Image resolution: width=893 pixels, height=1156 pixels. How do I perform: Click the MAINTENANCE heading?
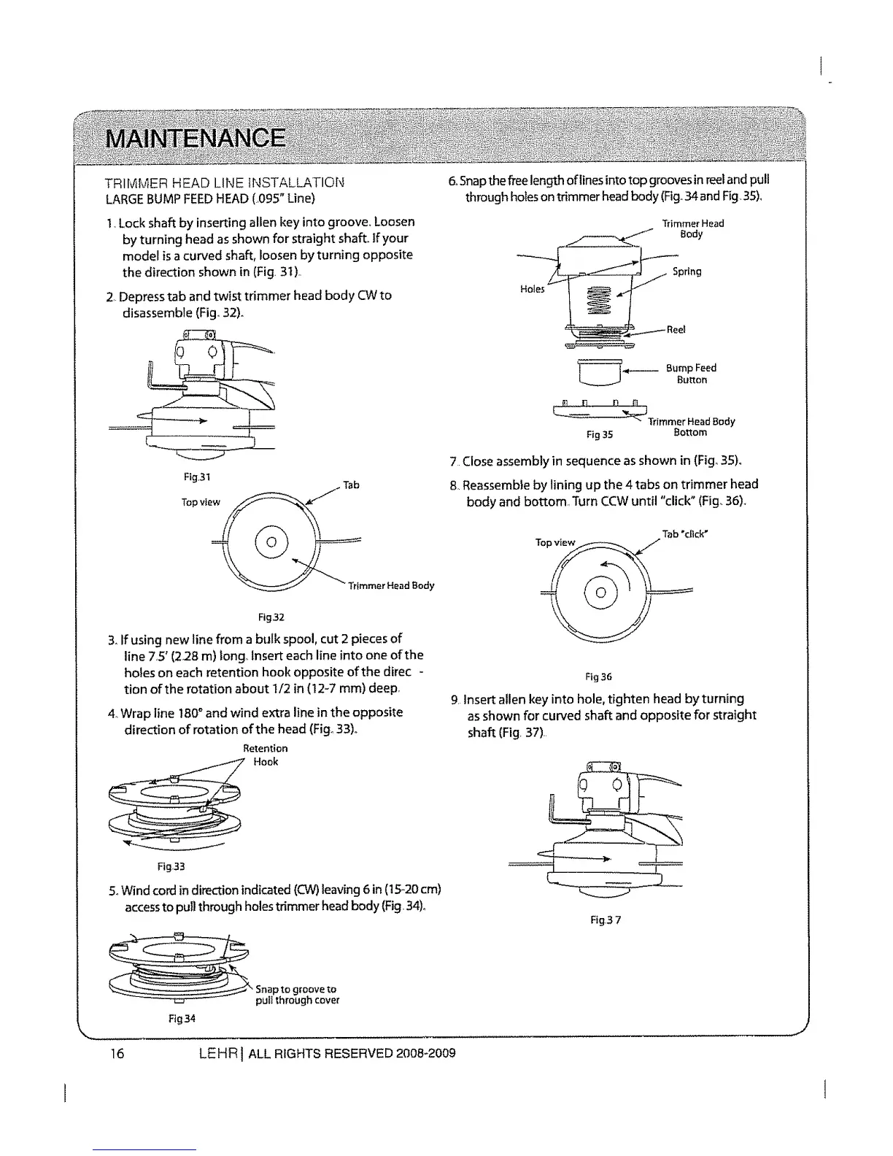point(195,137)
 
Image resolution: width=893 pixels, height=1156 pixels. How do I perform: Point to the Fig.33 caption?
point(172,867)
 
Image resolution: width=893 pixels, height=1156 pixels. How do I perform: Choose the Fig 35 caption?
point(600,435)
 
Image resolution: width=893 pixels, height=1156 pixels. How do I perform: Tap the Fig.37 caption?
point(606,920)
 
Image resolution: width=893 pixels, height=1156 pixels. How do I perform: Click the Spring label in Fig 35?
point(687,271)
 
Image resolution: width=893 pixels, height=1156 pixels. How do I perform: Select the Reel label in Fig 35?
point(676,330)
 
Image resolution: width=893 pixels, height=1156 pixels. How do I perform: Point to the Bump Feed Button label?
point(690,374)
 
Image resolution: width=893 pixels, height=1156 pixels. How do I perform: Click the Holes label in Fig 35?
point(533,289)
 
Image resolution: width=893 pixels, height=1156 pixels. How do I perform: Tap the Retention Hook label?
point(266,755)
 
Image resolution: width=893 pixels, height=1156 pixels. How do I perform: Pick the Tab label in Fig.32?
point(351,485)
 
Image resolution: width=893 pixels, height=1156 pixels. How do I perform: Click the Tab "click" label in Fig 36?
point(686,533)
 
